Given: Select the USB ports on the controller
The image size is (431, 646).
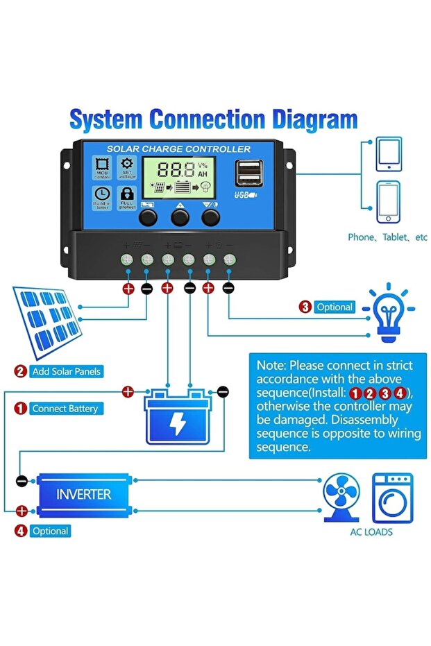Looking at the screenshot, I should (x=248, y=173).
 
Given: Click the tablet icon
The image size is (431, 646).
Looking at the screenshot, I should (x=389, y=154).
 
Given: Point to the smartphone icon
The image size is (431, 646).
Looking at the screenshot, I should (x=389, y=203).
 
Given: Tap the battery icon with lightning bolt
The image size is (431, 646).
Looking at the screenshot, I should (x=177, y=418).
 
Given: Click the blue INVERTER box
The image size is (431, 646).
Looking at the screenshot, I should (x=83, y=495).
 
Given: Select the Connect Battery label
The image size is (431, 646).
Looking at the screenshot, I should (x=65, y=409).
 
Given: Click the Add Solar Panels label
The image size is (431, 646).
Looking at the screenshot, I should (x=67, y=371).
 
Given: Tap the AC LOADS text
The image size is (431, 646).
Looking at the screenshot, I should (x=371, y=532).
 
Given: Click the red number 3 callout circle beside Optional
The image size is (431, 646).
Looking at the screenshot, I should (x=305, y=307).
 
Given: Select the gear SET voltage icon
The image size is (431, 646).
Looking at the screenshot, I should (x=127, y=167).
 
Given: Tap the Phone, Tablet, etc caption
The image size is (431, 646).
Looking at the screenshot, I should (x=387, y=237).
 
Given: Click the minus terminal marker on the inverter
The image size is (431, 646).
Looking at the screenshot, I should (x=22, y=480).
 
